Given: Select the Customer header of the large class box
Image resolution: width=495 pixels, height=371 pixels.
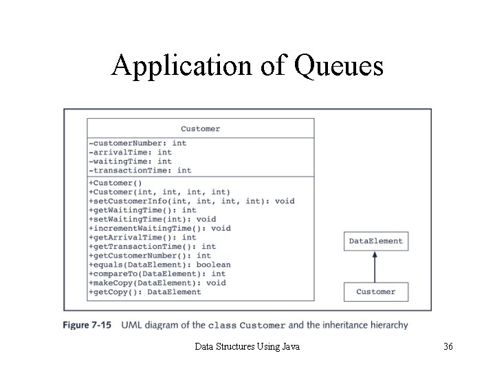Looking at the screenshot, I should click(200, 128).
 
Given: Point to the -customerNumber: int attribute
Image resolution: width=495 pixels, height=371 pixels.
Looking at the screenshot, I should click(137, 143).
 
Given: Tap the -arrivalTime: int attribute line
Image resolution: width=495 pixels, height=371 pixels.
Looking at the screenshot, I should click(130, 152).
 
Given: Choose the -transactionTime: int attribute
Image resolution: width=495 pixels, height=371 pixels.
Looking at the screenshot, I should click(140, 170).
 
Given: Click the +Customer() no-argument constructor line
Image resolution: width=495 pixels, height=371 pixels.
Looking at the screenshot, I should click(115, 183).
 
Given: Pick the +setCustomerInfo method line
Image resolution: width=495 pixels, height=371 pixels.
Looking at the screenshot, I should click(191, 201).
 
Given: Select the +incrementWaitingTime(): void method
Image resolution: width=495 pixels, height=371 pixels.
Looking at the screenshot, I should click(159, 228).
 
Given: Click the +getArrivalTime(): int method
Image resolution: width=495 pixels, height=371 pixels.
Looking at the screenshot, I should click(142, 237).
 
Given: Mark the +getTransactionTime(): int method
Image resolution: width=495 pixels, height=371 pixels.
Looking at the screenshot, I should click(152, 246).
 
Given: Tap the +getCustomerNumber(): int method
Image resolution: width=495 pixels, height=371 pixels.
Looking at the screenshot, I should click(150, 256).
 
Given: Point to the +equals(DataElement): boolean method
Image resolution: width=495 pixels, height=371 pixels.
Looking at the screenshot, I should click(159, 265).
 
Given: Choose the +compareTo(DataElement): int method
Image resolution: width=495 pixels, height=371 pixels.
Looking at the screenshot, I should click(157, 273).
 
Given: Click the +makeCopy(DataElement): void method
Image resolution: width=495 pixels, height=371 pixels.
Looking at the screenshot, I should click(157, 282).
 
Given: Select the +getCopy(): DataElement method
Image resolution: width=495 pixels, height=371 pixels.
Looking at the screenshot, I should click(145, 291).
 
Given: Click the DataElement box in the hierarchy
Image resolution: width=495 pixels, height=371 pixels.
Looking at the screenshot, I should click(375, 241).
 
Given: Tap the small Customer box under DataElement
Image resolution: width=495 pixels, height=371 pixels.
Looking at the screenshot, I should click(375, 291).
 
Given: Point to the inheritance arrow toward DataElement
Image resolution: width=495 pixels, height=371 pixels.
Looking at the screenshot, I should click(375, 267).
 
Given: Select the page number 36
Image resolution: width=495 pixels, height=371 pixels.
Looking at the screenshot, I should click(448, 347).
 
